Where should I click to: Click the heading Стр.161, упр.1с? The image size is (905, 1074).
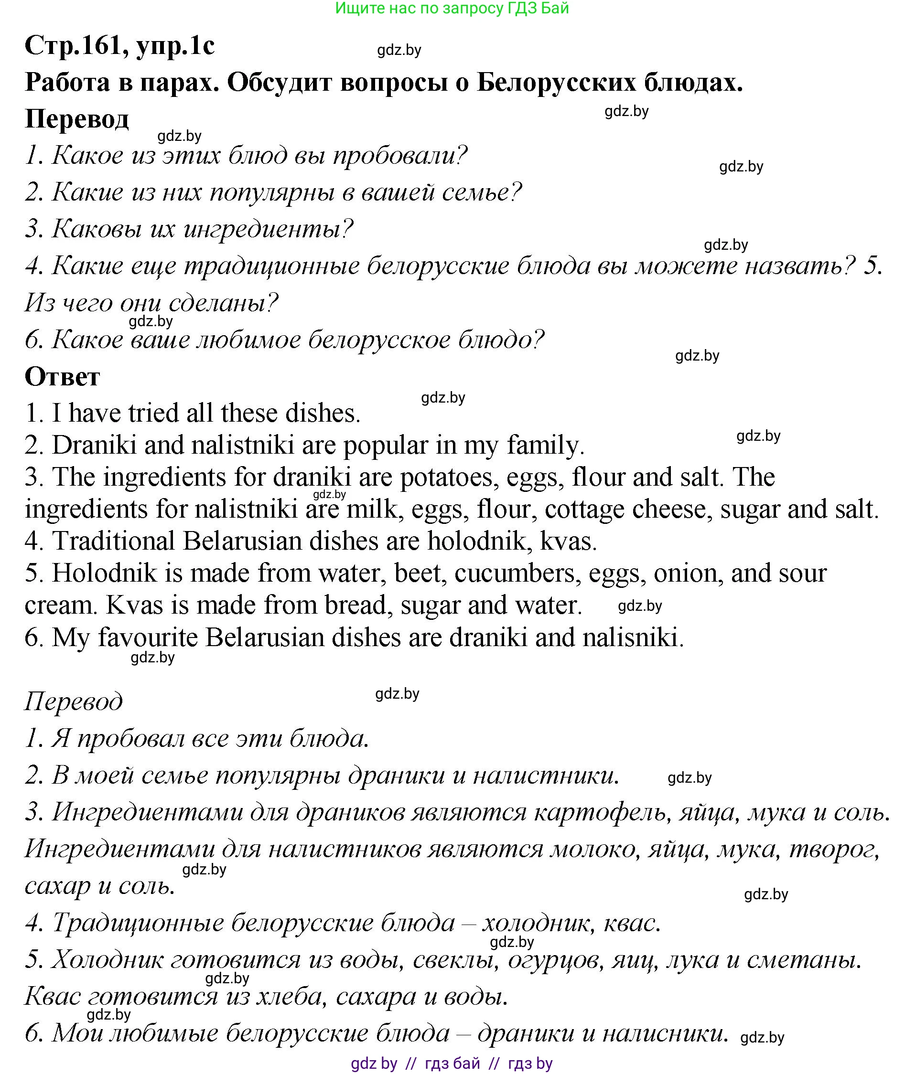[119, 46]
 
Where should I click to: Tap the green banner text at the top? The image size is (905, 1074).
[452, 8]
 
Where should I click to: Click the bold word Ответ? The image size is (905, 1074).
[62, 377]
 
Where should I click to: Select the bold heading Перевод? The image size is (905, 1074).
[76, 119]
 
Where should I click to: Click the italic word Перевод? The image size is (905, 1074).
[74, 701]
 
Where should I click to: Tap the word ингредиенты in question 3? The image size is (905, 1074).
[268, 229]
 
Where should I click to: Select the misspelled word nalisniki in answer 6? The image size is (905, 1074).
[633, 637]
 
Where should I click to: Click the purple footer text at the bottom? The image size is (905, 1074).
[452, 1063]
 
